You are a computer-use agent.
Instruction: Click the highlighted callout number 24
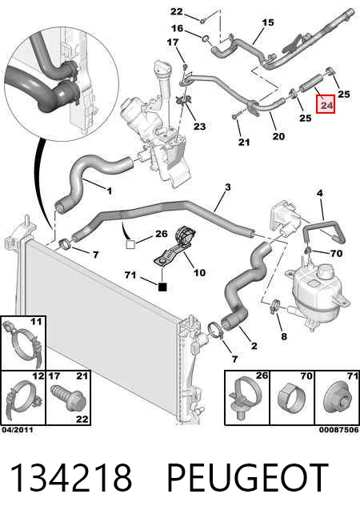[x=326, y=105]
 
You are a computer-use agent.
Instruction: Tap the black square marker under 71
[x=162, y=287]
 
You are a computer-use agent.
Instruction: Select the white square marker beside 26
[x=130, y=245]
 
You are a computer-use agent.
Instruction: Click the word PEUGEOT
[x=247, y=478]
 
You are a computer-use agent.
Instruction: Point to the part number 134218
[x=71, y=478]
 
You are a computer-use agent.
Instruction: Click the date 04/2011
[x=18, y=430]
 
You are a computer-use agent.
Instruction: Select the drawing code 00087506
[x=339, y=430]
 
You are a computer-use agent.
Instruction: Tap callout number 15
[x=268, y=22]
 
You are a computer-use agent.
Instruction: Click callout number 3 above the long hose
[x=227, y=187]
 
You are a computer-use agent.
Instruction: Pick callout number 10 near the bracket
[x=200, y=273]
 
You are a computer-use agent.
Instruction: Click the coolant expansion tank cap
[x=324, y=272]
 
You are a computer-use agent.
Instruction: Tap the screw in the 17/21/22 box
[x=67, y=399]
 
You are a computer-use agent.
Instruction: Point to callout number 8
[x=284, y=336]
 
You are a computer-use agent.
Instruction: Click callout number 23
[x=200, y=126]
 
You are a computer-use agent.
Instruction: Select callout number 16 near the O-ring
[x=178, y=28]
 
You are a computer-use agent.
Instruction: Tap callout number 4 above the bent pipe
[x=320, y=193]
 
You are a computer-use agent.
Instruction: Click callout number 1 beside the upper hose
[x=109, y=191]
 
